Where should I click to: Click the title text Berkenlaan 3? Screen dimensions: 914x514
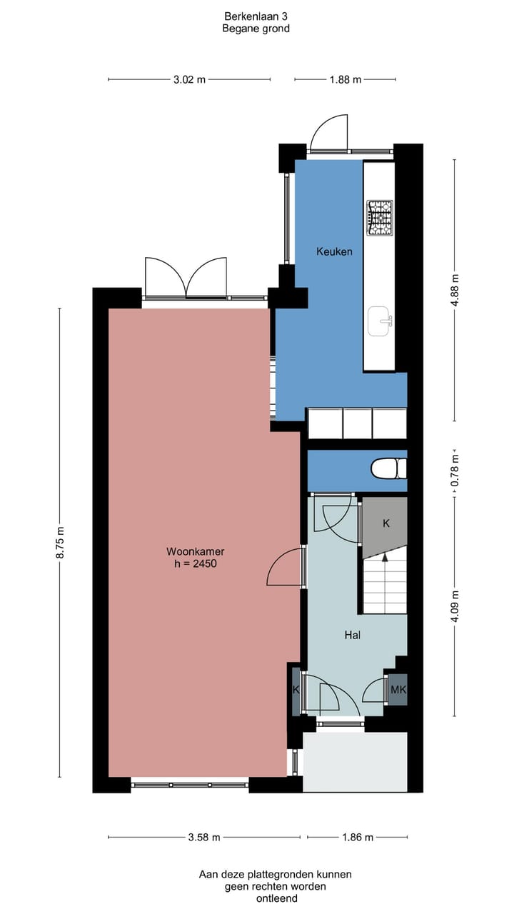[x=256, y=16]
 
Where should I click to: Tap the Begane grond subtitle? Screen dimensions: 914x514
[x=256, y=29]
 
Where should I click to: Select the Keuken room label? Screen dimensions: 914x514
[x=334, y=251]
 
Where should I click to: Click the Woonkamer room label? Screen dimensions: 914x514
[x=196, y=551]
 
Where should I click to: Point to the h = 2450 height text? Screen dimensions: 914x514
[x=196, y=563]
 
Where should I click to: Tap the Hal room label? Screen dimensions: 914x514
[x=352, y=634]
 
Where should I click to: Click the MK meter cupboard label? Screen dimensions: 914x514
[x=398, y=690]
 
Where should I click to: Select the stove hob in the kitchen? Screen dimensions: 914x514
[x=380, y=217]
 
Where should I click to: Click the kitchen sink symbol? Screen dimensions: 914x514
[x=380, y=321]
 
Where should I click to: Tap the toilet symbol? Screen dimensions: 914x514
[x=388, y=468]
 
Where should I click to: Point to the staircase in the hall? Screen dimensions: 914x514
[x=385, y=586]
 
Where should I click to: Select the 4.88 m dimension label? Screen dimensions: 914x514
[x=455, y=289]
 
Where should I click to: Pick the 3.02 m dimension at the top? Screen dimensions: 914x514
[x=189, y=79]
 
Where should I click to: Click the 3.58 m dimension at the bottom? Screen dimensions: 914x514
[x=203, y=838]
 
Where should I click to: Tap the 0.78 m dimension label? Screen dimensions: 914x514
[x=455, y=471]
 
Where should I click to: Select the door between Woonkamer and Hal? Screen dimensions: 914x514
[x=286, y=568]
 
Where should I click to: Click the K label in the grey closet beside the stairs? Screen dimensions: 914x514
[x=386, y=523]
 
